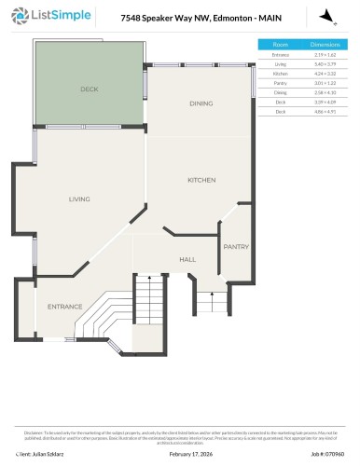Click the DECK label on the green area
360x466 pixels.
pos(89,89)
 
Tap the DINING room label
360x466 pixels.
pos(201,103)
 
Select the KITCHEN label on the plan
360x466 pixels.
pos(201,180)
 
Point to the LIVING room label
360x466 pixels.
pos(79,199)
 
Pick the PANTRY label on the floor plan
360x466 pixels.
pos(234,247)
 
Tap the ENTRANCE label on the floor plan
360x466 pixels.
pos(65,307)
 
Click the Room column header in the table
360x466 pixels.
pos(280,45)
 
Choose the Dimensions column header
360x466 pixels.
pos(324,45)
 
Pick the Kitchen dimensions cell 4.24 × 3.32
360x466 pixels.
pos(324,73)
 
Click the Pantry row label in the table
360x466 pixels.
pos(280,82)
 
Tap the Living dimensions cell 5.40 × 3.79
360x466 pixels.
pos(324,63)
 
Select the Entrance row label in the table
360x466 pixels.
pos(280,55)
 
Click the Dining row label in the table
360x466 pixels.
pos(280,91)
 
